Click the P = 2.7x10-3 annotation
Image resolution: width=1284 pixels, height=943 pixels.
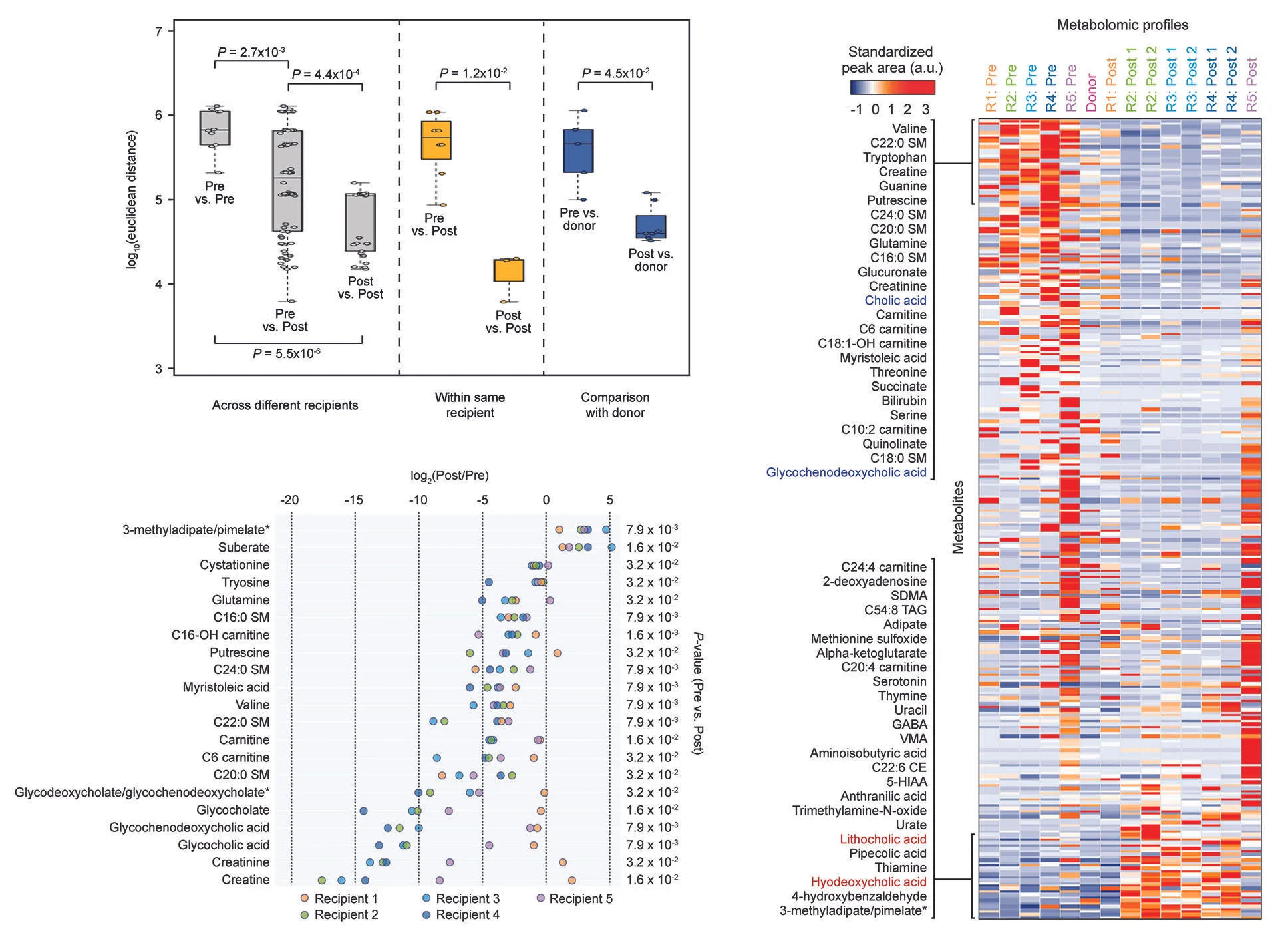point(251,52)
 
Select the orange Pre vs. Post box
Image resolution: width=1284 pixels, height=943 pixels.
point(436,140)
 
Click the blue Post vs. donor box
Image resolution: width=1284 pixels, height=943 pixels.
point(651,227)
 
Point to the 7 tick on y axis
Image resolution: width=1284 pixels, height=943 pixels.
point(158,31)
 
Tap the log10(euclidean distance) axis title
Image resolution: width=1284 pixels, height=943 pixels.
point(132,200)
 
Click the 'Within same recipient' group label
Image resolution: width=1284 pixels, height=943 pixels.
point(470,405)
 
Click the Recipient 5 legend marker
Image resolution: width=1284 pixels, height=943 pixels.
point(541,898)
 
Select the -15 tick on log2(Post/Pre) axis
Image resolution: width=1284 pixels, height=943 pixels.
point(353,500)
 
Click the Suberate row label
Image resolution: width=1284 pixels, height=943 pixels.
point(243,548)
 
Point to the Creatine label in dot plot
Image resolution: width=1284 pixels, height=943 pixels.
point(245,880)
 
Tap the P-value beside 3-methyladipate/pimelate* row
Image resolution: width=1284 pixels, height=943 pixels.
point(651,530)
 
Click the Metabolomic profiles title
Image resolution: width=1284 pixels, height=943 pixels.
point(1122,25)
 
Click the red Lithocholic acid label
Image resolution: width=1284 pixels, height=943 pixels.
point(882,839)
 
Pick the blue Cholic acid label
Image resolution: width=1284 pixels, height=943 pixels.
point(895,301)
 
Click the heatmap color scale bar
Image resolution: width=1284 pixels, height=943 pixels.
point(892,88)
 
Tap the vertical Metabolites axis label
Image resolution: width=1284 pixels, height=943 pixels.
point(957,517)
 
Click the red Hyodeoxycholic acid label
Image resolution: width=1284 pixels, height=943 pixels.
point(868,882)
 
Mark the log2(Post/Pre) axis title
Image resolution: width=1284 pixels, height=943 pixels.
point(449,476)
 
